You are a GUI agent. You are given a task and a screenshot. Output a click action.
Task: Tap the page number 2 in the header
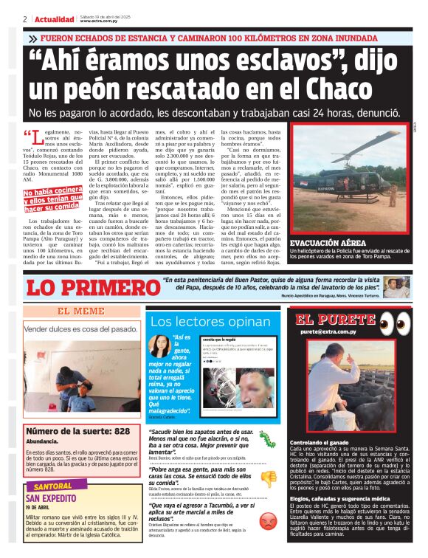pyautogui.click(x=25, y=18)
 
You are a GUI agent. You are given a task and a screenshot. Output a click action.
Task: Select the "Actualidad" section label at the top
pyautogui.click(x=54, y=18)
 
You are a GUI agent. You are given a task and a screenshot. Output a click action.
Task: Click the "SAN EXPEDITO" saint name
pyautogui.click(x=55, y=499)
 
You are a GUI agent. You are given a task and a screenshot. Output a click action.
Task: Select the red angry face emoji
pyautogui.click(x=267, y=519)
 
